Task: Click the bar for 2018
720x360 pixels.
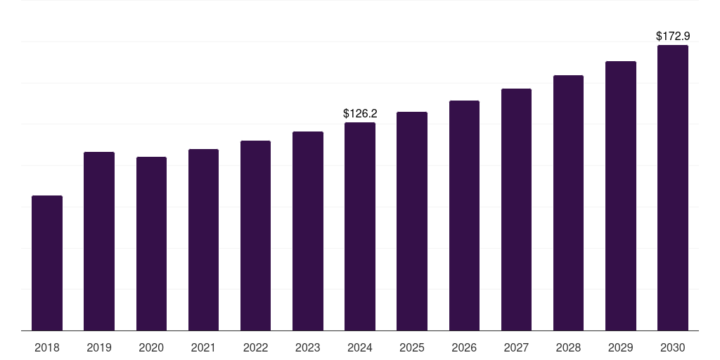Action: [47, 263]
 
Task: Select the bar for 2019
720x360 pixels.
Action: [99, 241]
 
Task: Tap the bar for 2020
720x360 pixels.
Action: [151, 243]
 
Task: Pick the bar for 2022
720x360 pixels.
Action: [255, 236]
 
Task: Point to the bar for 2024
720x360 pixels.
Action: [360, 226]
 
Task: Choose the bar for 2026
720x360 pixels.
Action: [464, 215]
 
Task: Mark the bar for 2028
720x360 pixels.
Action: [568, 202]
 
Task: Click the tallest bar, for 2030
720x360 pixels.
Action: [673, 188]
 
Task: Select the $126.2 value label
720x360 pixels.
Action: [360, 113]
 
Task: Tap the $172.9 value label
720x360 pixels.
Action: [673, 36]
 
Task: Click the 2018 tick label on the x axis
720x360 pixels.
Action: [47, 347]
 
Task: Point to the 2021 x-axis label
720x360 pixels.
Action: [203, 347]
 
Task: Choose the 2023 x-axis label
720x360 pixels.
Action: [308, 347]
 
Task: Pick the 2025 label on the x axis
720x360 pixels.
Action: [412, 347]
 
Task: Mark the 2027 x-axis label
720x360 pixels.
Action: [516, 347]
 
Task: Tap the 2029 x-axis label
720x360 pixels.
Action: [621, 347]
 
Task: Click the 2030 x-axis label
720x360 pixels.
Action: [673, 347]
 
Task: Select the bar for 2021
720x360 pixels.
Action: [203, 240]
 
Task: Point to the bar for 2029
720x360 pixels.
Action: [621, 195]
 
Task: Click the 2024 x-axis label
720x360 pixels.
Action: [360, 347]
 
